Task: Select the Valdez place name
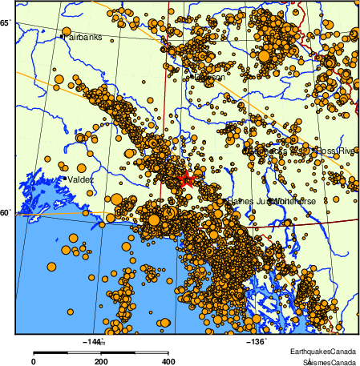tap(81, 180)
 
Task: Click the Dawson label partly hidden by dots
tap(206, 78)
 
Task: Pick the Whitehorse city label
tap(294, 201)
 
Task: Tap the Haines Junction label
tap(249, 201)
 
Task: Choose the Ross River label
tap(336, 151)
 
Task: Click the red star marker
tap(186, 179)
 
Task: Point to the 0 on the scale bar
tap(33, 361)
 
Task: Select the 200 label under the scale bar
tap(101, 361)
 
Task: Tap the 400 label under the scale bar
tap(168, 361)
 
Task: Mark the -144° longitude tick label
tap(93, 342)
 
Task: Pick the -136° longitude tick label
tap(254, 342)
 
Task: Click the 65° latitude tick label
tap(6, 23)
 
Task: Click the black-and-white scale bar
tap(100, 352)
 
